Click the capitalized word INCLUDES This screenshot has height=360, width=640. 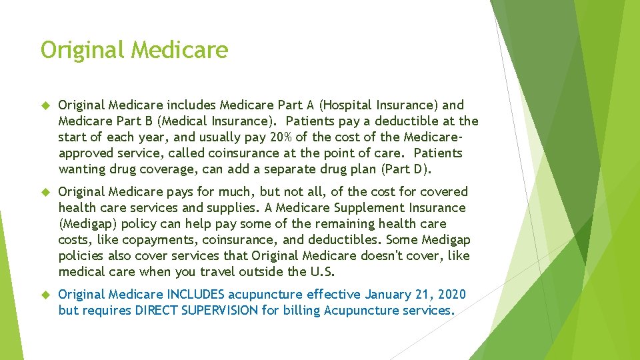pos(197,294)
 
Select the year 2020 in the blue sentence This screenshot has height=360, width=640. pos(452,294)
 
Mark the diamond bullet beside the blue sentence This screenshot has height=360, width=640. pos(45,294)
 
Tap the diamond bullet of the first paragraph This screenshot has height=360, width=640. pos(45,105)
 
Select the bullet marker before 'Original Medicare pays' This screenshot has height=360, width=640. pos(45,191)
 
